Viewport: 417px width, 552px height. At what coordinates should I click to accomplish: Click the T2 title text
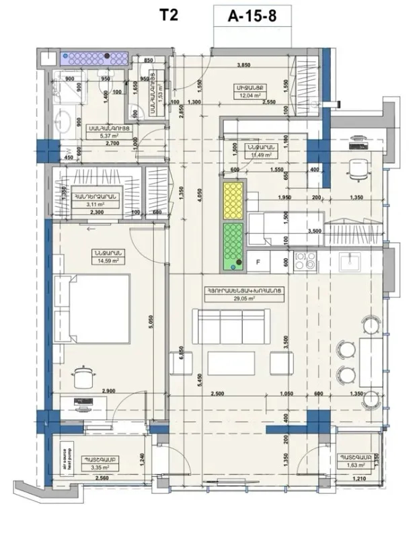[169, 15]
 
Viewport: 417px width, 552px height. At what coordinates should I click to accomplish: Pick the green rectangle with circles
[233, 243]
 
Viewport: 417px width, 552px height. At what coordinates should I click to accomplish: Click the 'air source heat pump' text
[59, 461]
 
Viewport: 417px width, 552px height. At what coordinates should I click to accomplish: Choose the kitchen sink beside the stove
[350, 260]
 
